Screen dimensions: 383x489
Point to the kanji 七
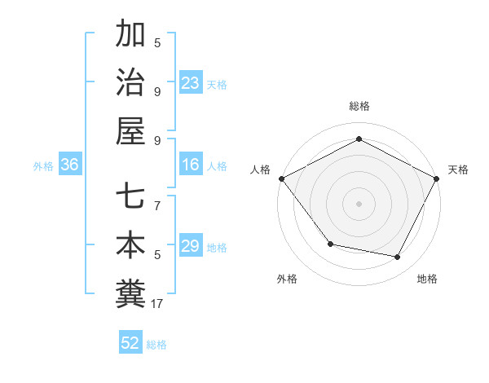[x=131, y=196]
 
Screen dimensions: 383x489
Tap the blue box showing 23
[x=191, y=82]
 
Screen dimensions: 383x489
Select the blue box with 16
[x=191, y=165]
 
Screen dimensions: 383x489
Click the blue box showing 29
[x=191, y=246]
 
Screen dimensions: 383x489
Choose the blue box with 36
[x=70, y=165]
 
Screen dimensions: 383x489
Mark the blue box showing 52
[x=130, y=343]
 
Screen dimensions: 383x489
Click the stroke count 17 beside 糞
[x=157, y=304]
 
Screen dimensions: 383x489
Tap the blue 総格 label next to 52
[x=156, y=345]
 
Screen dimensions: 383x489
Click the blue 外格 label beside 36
[x=43, y=166]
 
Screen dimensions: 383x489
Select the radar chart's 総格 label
[x=359, y=106]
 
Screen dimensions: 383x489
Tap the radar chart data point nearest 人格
[x=282, y=178]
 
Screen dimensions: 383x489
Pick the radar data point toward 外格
[x=330, y=244]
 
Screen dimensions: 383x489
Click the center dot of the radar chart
[x=359, y=203]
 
